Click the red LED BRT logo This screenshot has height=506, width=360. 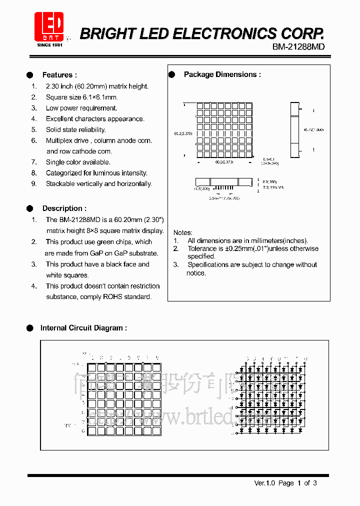(49, 26)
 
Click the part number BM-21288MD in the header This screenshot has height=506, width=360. (298, 47)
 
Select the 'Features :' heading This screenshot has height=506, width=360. (59, 75)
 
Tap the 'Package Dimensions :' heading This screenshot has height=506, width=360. (222, 74)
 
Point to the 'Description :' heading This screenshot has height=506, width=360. (64, 208)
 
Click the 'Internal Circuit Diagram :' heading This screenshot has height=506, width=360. (83, 328)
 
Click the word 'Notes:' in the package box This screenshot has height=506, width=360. (182, 232)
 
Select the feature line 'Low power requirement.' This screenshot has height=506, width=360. (81, 108)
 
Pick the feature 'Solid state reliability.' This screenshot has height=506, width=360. (75, 129)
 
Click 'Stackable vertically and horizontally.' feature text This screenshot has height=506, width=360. (98, 183)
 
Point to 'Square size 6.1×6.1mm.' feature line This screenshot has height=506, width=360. (81, 97)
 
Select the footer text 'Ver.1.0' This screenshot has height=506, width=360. (265, 483)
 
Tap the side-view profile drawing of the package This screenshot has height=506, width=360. (295, 129)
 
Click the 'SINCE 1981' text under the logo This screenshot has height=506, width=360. (49, 45)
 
